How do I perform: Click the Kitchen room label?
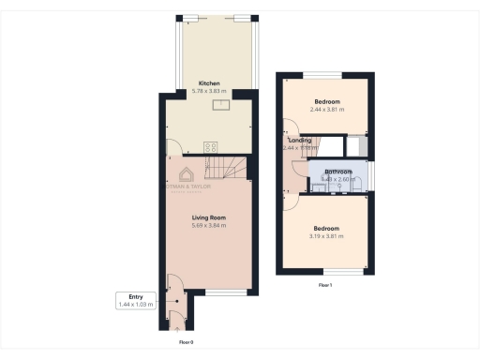coord(208,83)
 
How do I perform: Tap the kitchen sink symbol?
coord(220,105)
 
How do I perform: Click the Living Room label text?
coord(208,217)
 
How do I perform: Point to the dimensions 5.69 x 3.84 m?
coord(208,225)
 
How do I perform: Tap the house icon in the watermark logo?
coord(187,174)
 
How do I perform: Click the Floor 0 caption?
coord(186,342)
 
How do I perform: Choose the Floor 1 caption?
coord(325,284)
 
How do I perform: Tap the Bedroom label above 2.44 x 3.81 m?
coord(327,101)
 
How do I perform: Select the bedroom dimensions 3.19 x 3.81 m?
coord(327,235)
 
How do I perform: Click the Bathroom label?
coord(337,172)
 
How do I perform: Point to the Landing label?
coord(300,141)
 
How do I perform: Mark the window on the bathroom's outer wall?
coord(371,174)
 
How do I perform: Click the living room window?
coord(219,293)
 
